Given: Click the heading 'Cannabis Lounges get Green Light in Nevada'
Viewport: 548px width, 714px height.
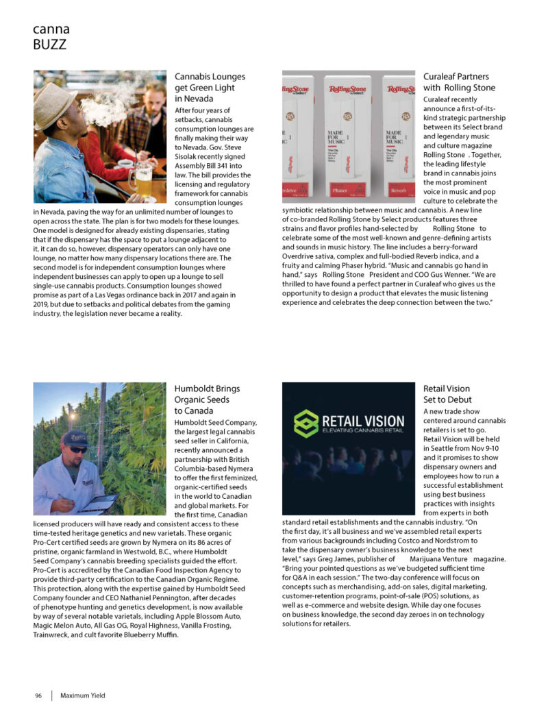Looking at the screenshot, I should tap(210, 88).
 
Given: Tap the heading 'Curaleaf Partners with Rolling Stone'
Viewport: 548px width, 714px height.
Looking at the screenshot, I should tap(459, 82).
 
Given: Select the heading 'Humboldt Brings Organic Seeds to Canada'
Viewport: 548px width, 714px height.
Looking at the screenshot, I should tap(207, 399).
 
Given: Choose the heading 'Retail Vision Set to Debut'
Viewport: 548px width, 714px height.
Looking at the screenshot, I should tap(447, 394).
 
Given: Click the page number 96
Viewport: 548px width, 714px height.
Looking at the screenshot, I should tap(38, 695).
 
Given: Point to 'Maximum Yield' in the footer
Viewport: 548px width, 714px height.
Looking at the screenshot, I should tap(83, 695).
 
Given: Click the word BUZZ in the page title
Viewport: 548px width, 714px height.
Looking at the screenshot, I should tap(49, 45).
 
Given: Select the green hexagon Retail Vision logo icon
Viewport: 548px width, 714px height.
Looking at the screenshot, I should tap(306, 424).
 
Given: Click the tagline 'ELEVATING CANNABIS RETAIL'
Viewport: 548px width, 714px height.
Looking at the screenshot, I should tap(362, 432).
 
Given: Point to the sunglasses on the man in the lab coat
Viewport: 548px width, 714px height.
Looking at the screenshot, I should tap(77, 450).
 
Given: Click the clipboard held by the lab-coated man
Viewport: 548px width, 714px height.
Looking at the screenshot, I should tap(99, 503).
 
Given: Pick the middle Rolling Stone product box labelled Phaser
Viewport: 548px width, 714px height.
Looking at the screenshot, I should tap(349, 137).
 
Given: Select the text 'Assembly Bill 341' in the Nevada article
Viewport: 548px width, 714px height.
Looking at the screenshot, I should tap(203, 164).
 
